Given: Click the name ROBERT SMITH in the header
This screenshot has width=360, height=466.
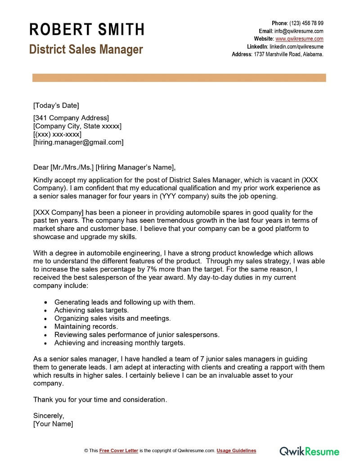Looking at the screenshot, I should pyautogui.click(x=87, y=29).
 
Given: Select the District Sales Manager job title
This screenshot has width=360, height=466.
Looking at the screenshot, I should pyautogui.click(x=86, y=49).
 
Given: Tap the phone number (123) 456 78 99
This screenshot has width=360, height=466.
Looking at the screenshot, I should pyautogui.click(x=306, y=23).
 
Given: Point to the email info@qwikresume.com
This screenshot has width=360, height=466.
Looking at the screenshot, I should pyautogui.click(x=299, y=31).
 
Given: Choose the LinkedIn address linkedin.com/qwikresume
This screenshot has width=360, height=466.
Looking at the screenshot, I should pyautogui.click(x=296, y=46).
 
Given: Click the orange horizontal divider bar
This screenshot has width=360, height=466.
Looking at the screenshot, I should pyautogui.click(x=179, y=78).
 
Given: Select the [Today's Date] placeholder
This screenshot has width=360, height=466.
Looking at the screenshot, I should pyautogui.click(x=56, y=106).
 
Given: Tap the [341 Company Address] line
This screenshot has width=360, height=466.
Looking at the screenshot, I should pyautogui.click(x=71, y=118).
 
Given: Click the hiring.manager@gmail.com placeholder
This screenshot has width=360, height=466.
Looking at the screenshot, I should pyautogui.click(x=78, y=142).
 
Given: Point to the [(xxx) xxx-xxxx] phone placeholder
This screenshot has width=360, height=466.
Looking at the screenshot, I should pyautogui.click(x=58, y=134).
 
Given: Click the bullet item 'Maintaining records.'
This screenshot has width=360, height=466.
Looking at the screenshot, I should pyautogui.click(x=86, y=326).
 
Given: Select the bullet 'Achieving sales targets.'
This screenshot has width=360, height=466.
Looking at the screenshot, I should pyautogui.click(x=91, y=310).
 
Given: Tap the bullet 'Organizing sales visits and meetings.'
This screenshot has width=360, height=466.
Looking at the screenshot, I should pyautogui.click(x=112, y=318).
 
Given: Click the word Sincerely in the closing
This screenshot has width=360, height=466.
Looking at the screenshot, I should pyautogui.click(x=49, y=416).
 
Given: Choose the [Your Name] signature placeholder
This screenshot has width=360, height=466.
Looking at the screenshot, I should pyautogui.click(x=53, y=424).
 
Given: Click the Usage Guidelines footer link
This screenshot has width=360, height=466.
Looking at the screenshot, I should pyautogui.click(x=236, y=451).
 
